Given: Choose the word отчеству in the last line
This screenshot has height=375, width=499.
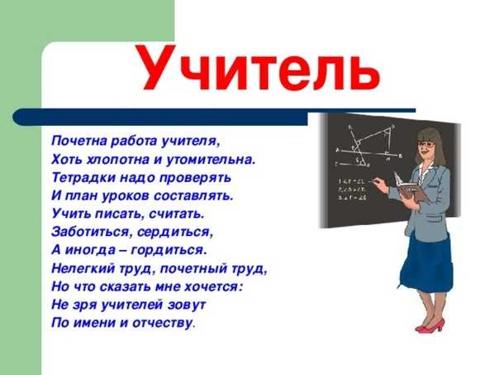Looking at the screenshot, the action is coord(163,323).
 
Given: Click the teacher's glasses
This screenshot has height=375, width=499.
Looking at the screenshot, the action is coord(425,145).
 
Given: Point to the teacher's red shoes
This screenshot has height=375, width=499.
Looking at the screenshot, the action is coord(430,326).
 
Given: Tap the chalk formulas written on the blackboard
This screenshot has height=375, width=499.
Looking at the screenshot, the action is coord(352,190).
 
